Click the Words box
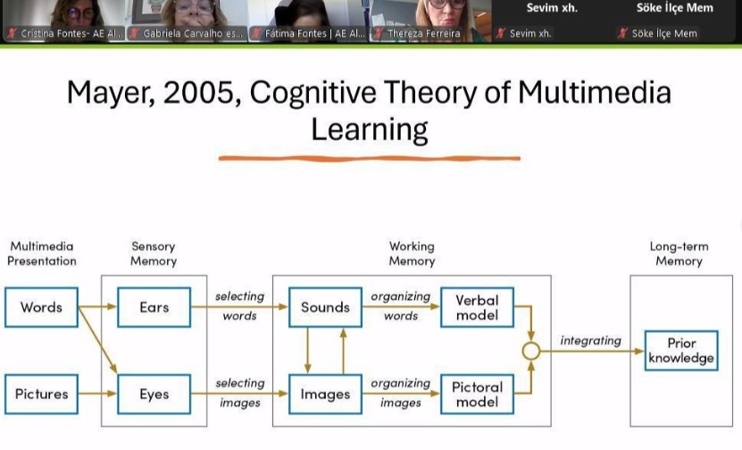pos(41,307)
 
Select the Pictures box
pos(41,394)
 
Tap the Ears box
pos(154,307)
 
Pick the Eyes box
pos(154,394)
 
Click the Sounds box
pos(325,307)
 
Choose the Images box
pos(325,394)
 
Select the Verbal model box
pos(477,307)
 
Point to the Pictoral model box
pos(477,394)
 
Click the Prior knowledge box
pos(681,351)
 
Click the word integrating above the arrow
pos(590,341)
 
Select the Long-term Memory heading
pos(679,254)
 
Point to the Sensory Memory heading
pos(154,254)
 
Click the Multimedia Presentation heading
pos(42,254)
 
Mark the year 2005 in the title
pos(199,92)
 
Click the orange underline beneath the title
pos(369,159)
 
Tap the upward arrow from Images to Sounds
pos(343,351)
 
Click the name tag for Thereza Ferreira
pos(423,33)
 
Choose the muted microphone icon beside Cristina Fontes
pos(12,33)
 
